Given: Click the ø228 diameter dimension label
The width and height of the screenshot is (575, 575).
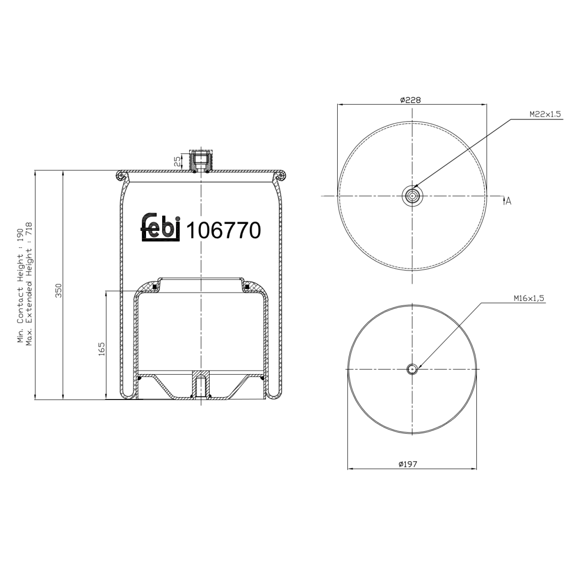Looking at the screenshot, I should (x=410, y=100).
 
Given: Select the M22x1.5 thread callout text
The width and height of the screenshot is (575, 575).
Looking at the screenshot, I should (x=545, y=114).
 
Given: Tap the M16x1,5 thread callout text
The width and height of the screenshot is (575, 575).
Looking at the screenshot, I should (x=529, y=298).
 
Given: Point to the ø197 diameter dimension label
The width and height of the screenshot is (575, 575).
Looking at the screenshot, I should (x=408, y=464).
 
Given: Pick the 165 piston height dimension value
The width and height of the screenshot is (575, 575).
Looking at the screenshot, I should (x=102, y=349).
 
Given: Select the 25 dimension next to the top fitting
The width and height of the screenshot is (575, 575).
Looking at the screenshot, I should (x=177, y=161).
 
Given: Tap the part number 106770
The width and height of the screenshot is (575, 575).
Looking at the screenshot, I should (x=223, y=230).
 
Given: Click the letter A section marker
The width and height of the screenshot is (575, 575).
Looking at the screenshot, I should (x=508, y=200).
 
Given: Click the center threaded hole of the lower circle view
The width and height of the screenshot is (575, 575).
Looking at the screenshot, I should (x=412, y=369).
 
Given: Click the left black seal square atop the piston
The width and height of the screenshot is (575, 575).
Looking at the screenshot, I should (x=155, y=287).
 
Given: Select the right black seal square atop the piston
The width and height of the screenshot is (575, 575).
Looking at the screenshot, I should (x=247, y=287).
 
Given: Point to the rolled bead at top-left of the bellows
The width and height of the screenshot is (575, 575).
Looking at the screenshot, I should (x=120, y=176).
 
